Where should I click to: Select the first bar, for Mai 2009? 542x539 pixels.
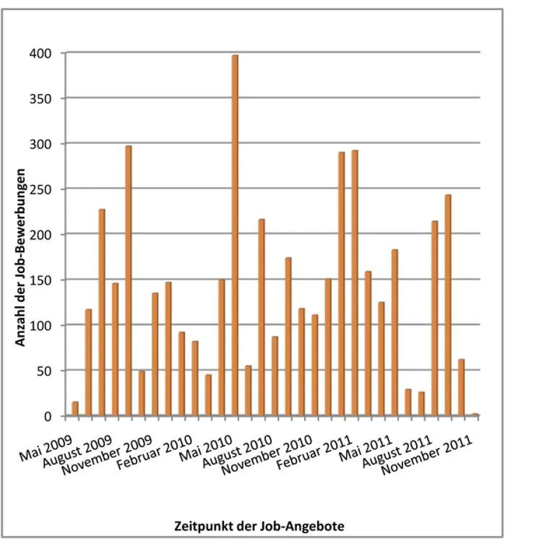[x=75, y=408]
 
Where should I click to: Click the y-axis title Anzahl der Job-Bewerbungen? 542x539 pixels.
[x=20, y=258]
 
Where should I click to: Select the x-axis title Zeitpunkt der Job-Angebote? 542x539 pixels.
[x=259, y=526]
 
